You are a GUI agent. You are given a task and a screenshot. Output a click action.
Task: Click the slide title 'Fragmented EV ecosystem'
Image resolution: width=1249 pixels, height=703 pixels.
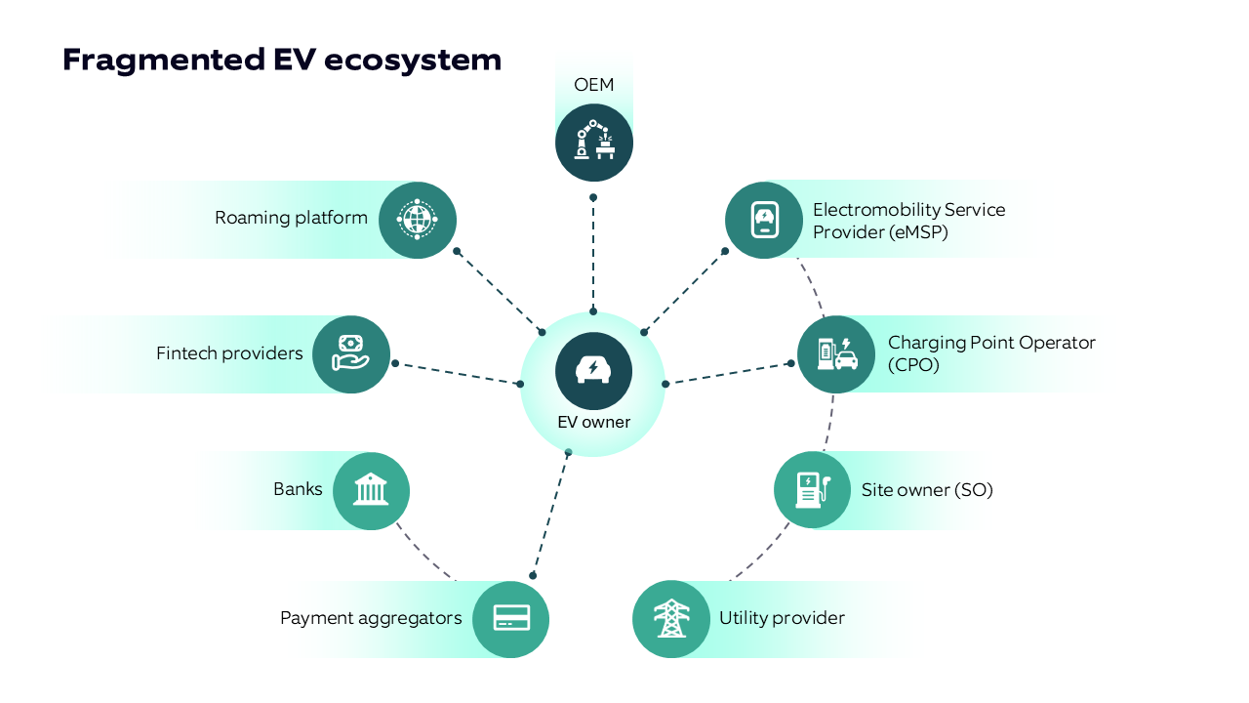pyautogui.click(x=282, y=60)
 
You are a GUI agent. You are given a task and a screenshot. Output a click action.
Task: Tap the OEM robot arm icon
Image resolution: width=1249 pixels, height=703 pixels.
pyautogui.click(x=594, y=143)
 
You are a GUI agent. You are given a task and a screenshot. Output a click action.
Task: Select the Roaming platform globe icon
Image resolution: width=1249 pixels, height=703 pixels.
pyautogui.click(x=418, y=219)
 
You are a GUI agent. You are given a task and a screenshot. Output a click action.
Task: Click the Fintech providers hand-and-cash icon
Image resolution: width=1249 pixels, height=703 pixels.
pyautogui.click(x=351, y=354)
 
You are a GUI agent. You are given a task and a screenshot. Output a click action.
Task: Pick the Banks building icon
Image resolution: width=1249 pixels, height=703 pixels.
pyautogui.click(x=371, y=490)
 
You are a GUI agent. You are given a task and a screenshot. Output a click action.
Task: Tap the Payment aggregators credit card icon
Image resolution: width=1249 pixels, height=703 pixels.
pyautogui.click(x=511, y=618)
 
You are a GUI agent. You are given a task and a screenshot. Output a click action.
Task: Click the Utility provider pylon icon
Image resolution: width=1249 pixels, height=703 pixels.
pyautogui.click(x=671, y=618)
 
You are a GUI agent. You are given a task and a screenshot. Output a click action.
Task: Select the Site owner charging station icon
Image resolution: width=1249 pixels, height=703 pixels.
pyautogui.click(x=813, y=489)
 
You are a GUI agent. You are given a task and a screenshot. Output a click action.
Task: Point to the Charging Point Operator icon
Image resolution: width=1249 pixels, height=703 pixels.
pyautogui.click(x=836, y=354)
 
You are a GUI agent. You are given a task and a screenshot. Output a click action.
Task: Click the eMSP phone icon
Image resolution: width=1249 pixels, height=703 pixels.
pyautogui.click(x=764, y=220)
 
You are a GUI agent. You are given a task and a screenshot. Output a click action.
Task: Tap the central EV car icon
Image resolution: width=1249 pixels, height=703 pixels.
pyautogui.click(x=593, y=371)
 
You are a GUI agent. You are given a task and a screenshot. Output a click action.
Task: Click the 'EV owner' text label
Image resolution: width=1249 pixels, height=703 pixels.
pyautogui.click(x=593, y=423)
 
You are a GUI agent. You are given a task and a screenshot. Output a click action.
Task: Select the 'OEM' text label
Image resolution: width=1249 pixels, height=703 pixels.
pyautogui.click(x=594, y=85)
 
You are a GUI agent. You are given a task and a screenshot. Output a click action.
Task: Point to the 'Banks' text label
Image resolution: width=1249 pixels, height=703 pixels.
pyautogui.click(x=298, y=489)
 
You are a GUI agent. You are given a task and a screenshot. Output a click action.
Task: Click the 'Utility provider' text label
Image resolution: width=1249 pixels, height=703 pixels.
pyautogui.click(x=782, y=618)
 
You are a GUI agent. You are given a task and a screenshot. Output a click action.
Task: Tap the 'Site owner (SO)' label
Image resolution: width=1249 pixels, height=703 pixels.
pyautogui.click(x=927, y=489)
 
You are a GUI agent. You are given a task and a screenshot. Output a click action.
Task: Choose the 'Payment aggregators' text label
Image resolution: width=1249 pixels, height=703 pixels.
pyautogui.click(x=371, y=618)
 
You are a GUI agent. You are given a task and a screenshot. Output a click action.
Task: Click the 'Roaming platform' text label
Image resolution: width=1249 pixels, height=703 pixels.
pyautogui.click(x=291, y=218)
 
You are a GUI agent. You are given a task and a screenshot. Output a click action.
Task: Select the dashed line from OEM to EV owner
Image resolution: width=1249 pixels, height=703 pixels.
pyautogui.click(x=593, y=254)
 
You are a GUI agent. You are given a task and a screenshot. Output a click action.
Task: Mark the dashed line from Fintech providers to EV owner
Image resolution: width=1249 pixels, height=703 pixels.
pyautogui.click(x=457, y=373)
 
